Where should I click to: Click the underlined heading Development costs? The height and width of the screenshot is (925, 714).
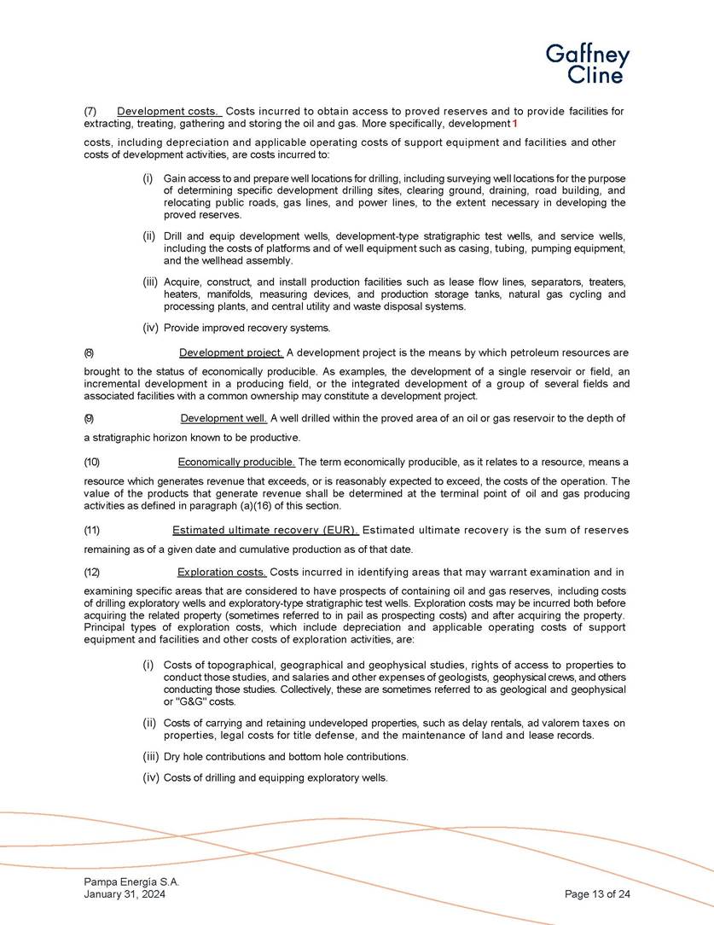pos(169,112)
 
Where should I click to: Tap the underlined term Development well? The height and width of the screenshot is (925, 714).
pos(224,418)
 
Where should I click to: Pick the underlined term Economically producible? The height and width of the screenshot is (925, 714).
pos(236,462)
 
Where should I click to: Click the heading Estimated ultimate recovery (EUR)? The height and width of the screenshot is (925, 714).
pos(265,530)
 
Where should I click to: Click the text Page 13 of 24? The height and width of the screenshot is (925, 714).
pos(597,893)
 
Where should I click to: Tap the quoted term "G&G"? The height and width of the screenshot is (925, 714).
pos(191,701)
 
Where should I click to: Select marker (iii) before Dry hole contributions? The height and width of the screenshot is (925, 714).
pos(150,757)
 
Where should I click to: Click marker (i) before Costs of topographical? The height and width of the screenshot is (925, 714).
pos(148,665)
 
